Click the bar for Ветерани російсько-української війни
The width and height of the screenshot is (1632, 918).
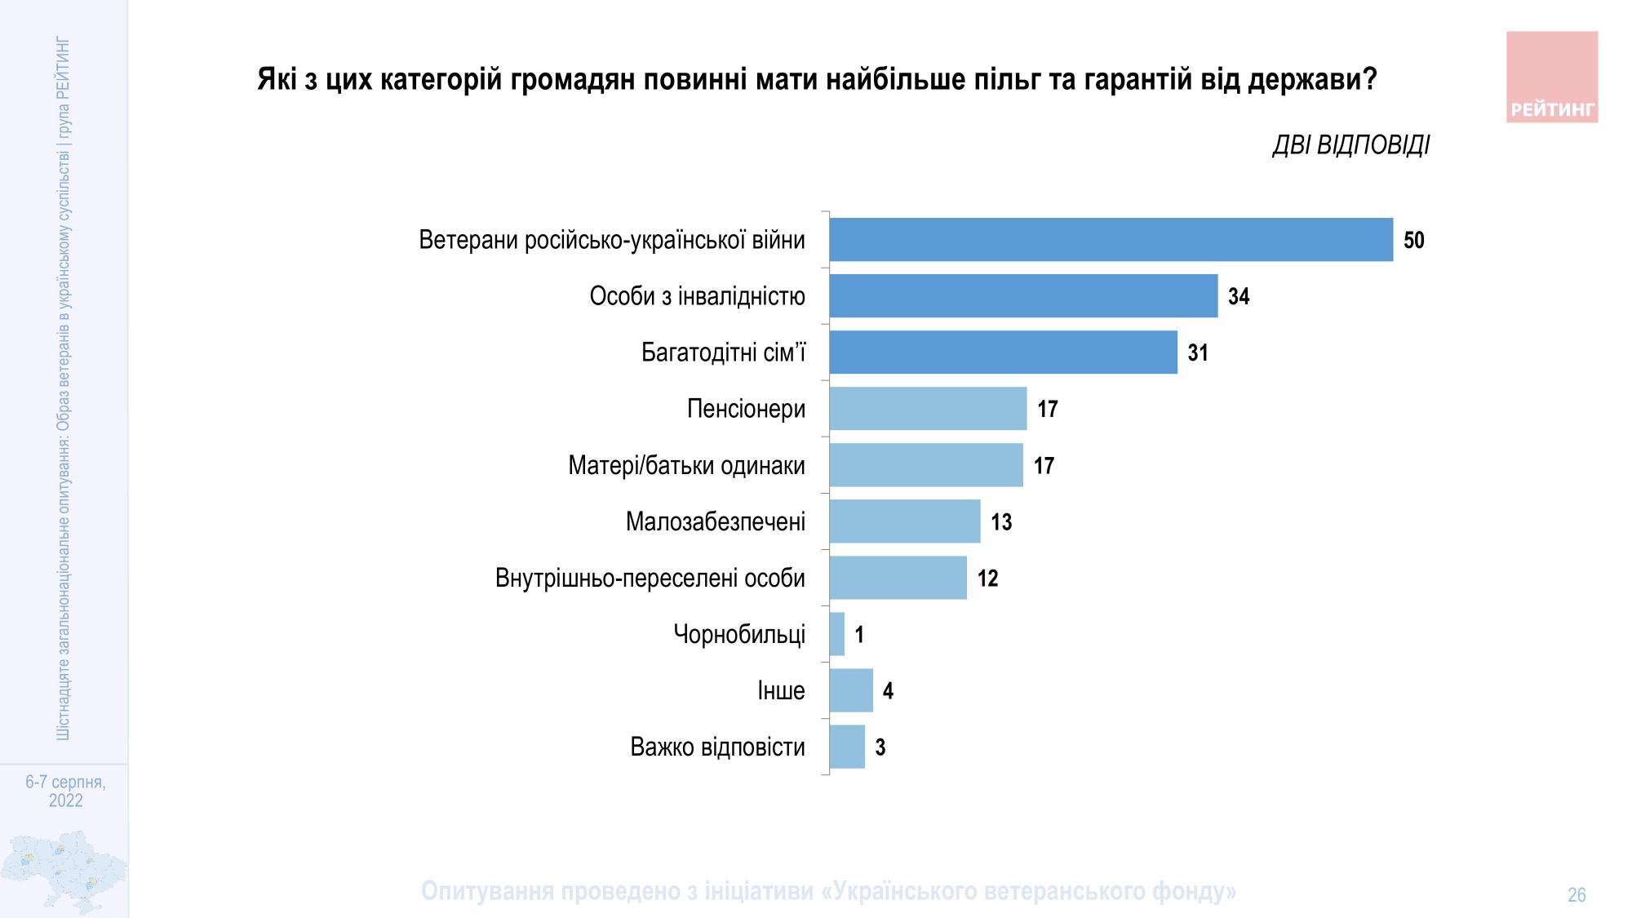(1111, 240)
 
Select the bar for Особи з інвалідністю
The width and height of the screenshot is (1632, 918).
(1023, 296)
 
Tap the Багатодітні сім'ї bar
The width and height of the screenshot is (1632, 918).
(1003, 353)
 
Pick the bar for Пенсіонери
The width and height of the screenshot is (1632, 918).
(928, 409)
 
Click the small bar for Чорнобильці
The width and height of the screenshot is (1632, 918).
(837, 634)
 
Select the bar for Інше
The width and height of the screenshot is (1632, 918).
(851, 690)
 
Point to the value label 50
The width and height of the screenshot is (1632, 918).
(1413, 240)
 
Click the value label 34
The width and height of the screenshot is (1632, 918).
(1238, 296)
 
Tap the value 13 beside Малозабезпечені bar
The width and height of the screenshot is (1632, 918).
(1000, 522)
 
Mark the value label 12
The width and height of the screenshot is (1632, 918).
(987, 579)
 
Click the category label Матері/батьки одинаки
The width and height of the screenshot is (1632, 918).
(686, 466)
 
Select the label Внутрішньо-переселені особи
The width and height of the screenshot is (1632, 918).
(650, 579)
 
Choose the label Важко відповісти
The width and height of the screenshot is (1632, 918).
(717, 747)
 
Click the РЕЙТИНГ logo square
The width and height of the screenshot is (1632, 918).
(1551, 78)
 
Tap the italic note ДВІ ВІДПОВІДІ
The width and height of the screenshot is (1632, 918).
(1350, 145)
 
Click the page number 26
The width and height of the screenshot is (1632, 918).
(1576, 895)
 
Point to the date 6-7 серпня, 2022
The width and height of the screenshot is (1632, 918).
(65, 791)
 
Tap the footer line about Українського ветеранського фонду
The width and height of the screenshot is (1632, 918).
(828, 891)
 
